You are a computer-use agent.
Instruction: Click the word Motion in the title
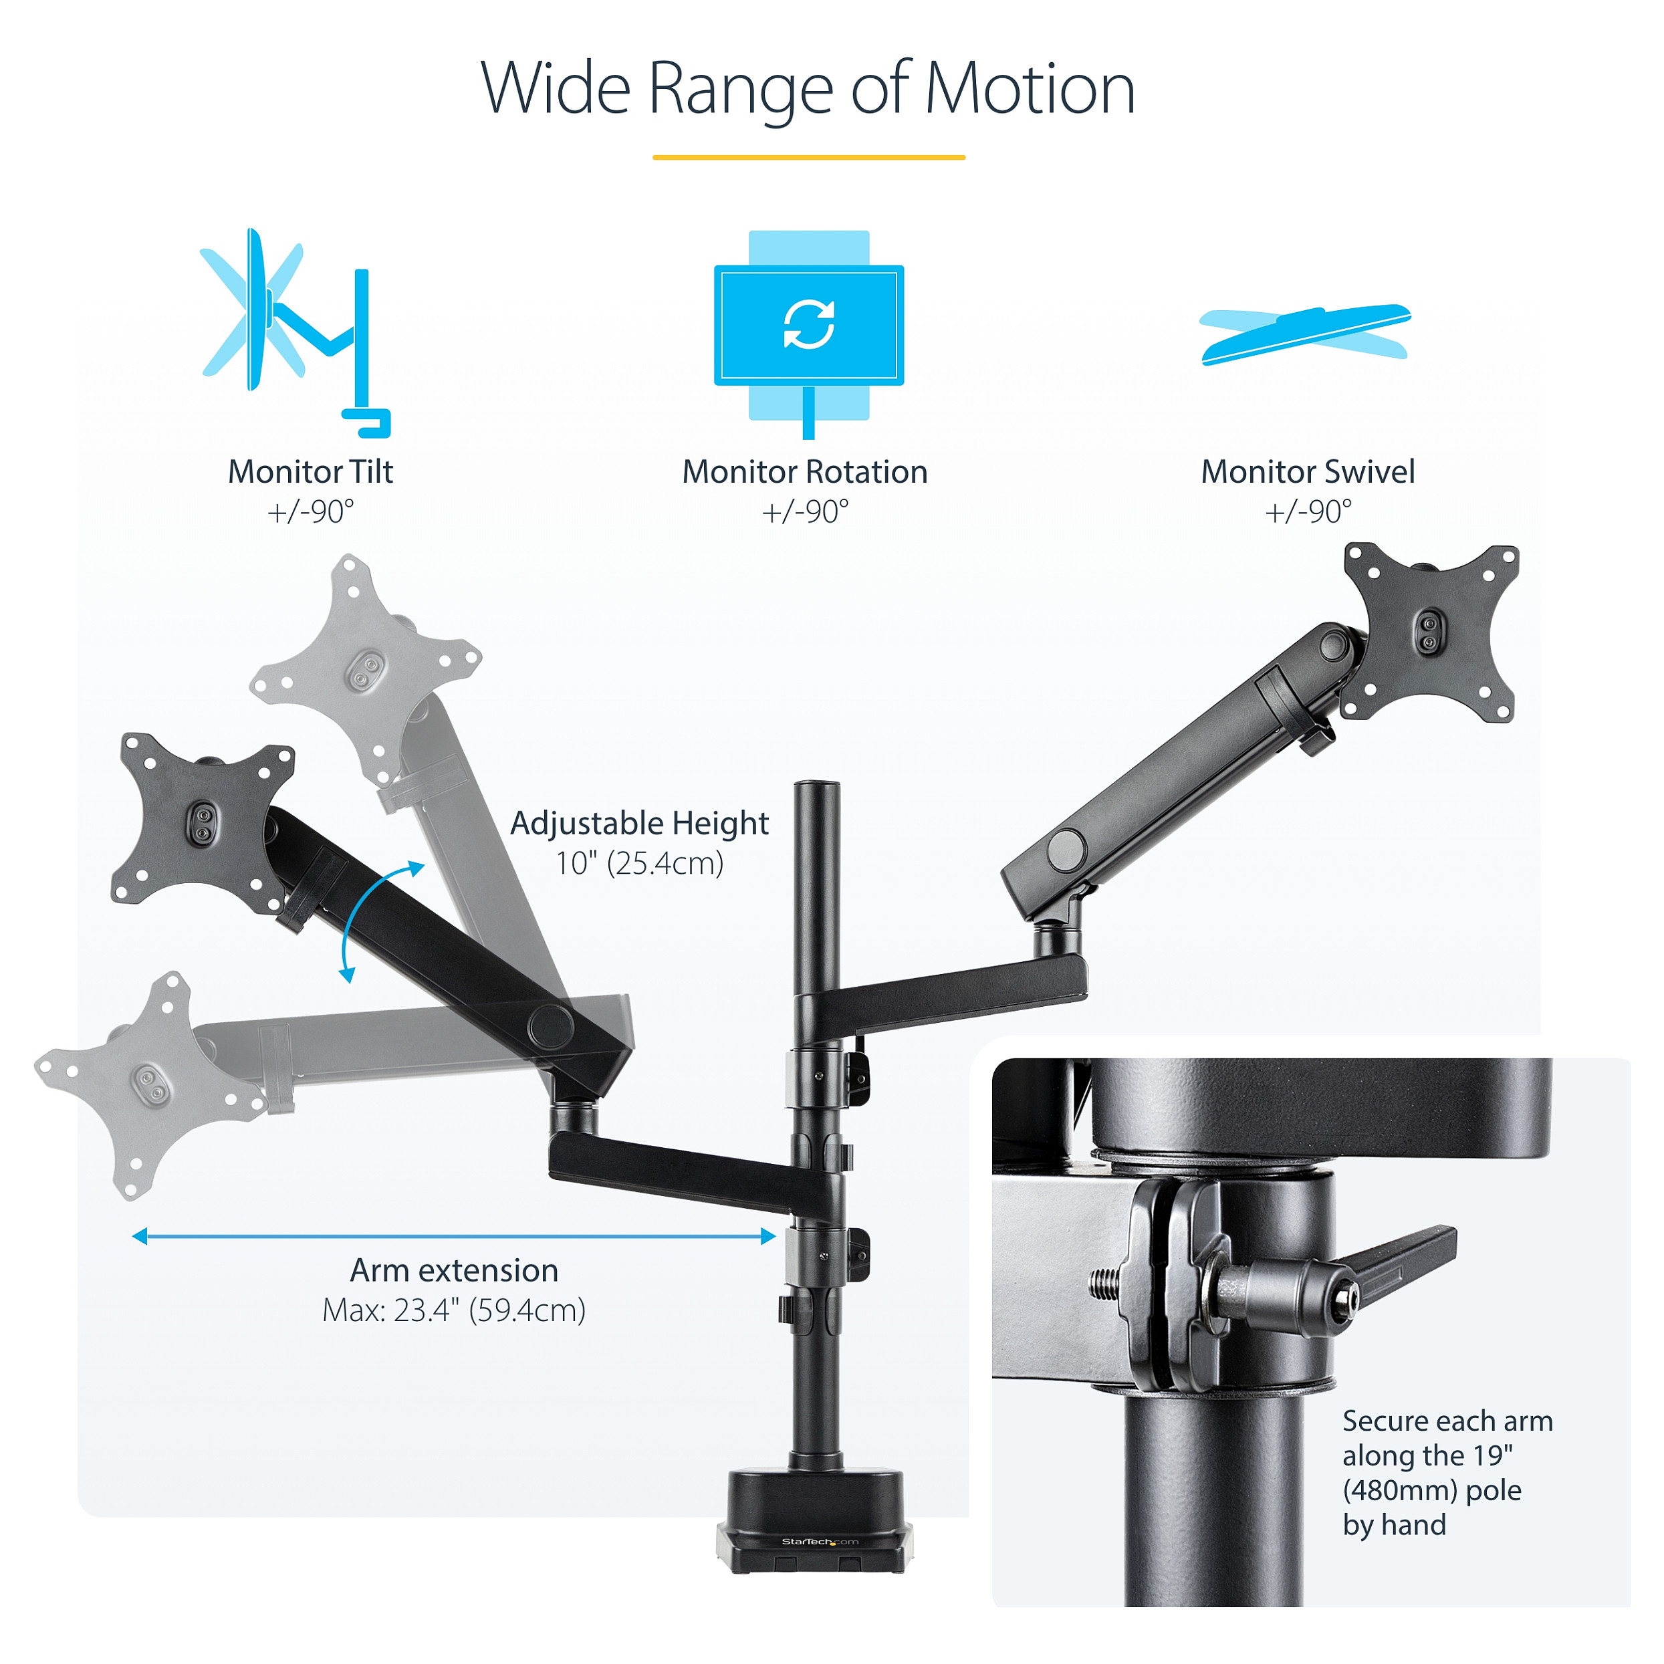coord(1030,89)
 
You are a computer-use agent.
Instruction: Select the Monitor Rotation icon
coord(809,334)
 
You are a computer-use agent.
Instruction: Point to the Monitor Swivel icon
coord(1305,334)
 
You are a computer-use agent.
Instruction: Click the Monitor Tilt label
coord(310,472)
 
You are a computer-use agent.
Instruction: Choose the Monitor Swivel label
coord(1308,472)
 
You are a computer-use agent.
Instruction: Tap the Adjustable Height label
coord(639,824)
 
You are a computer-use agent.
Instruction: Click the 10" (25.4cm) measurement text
coord(639,863)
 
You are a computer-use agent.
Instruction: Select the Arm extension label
coord(454,1270)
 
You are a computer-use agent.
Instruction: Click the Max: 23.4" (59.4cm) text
coord(454,1310)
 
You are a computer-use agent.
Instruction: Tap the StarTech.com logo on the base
coord(819,1542)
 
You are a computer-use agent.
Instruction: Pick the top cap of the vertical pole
coord(816,786)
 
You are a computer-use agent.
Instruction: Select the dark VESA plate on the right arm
coord(1430,633)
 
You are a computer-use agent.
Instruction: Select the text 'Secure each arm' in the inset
coord(1447,1420)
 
